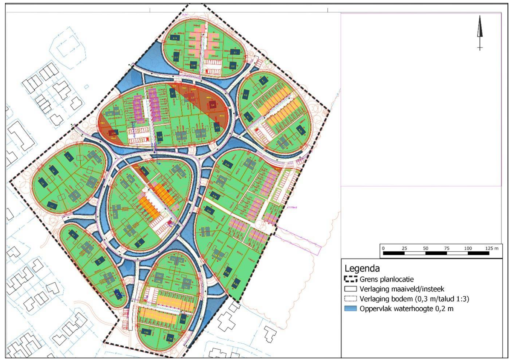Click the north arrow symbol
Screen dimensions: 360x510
(x=480, y=33)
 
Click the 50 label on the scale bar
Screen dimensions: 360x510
(x=426, y=248)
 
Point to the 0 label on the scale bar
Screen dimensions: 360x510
(x=383, y=248)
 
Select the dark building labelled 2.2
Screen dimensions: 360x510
(x=233, y=66)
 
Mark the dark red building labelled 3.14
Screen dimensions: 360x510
(x=112, y=133)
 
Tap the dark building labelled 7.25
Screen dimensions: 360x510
(x=146, y=332)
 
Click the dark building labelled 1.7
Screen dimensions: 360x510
(x=52, y=206)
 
